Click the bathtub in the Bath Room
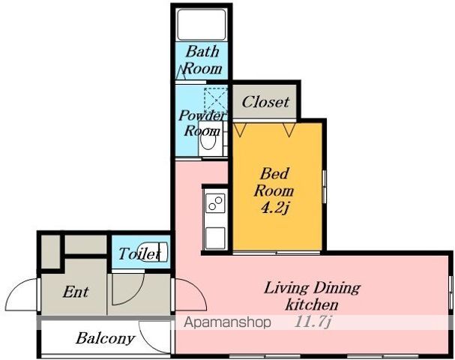click(202, 25)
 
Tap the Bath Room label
click(203, 60)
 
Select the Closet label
click(265, 102)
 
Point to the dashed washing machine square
click(216, 99)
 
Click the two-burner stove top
click(215, 203)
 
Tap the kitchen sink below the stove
click(215, 238)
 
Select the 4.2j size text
click(274, 208)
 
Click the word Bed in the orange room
click(274, 174)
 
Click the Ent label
click(76, 292)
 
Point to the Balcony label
click(105, 338)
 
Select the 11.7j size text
click(313, 322)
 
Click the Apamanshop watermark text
click(227, 322)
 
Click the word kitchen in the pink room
click(312, 304)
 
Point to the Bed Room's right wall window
click(324, 187)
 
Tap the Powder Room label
click(202, 123)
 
